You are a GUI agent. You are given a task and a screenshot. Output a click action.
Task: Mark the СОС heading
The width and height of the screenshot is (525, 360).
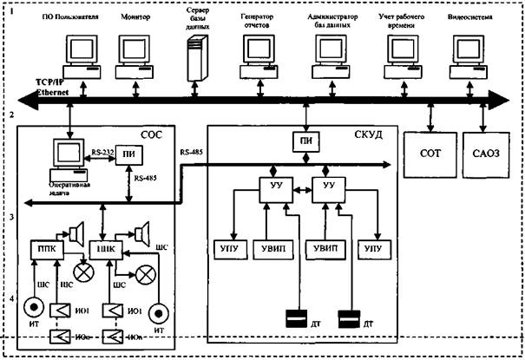point(158,132)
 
